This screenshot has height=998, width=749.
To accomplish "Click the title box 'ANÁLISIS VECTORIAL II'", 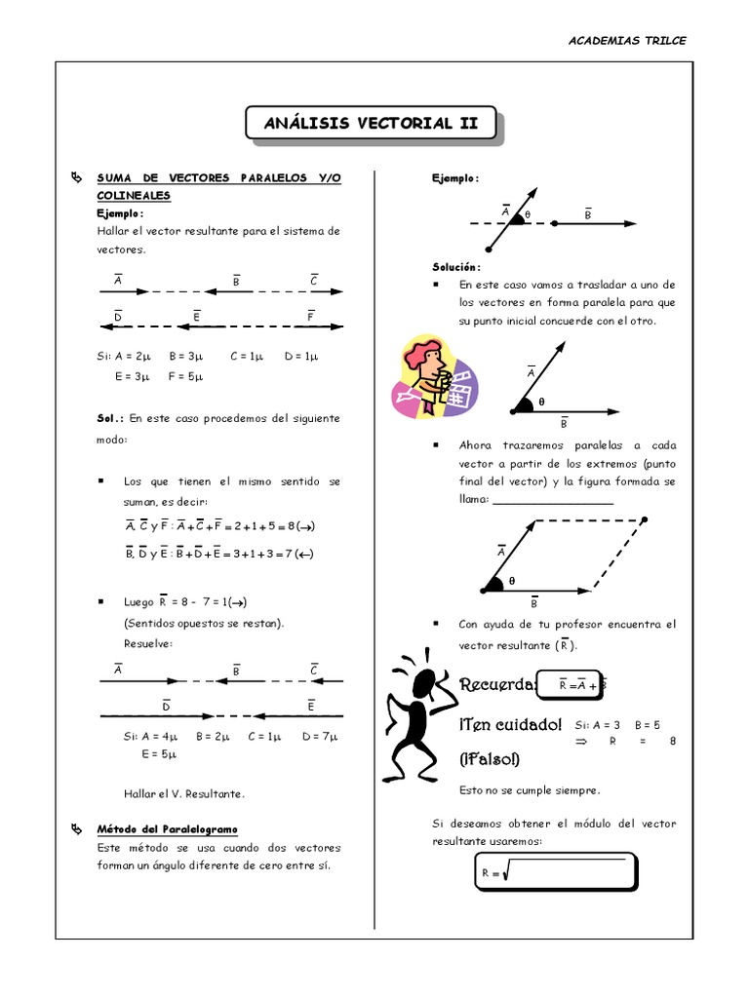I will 371,124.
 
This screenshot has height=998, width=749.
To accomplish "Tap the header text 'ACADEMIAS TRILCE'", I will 627,41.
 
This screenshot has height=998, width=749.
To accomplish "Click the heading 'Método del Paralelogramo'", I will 167,828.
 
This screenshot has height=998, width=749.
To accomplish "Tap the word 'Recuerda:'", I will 497,685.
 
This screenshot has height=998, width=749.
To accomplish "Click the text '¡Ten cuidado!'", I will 510,725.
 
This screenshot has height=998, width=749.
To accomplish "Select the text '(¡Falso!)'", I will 490,759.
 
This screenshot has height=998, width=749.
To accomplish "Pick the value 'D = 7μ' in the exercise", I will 320,736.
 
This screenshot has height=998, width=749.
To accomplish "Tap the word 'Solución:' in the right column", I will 456,267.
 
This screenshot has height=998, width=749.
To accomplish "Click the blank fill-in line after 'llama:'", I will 553,499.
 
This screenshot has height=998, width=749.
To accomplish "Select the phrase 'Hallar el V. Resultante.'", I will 184,793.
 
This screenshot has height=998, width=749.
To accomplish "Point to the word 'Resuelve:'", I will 148,644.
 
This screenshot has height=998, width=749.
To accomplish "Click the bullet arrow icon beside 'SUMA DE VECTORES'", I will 78,178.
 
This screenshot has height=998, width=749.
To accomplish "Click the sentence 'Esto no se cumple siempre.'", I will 530,790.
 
